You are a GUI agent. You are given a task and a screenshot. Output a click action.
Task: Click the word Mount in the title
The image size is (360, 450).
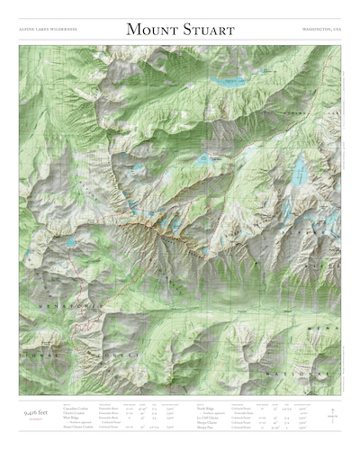pyautogui.click(x=150, y=30)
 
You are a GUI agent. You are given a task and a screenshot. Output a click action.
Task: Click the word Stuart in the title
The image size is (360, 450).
pyautogui.click(x=206, y=30)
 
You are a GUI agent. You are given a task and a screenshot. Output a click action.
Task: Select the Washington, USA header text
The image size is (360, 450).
pyautogui.click(x=322, y=31)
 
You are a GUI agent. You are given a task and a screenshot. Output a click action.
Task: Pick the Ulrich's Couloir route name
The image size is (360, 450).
pyautogui.click(x=76, y=412)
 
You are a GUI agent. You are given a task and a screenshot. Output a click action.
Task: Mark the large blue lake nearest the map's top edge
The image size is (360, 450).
pyautogui.click(x=227, y=82)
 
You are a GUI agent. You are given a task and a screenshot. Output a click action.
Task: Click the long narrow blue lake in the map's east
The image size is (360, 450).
pyautogui.click(x=298, y=168)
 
